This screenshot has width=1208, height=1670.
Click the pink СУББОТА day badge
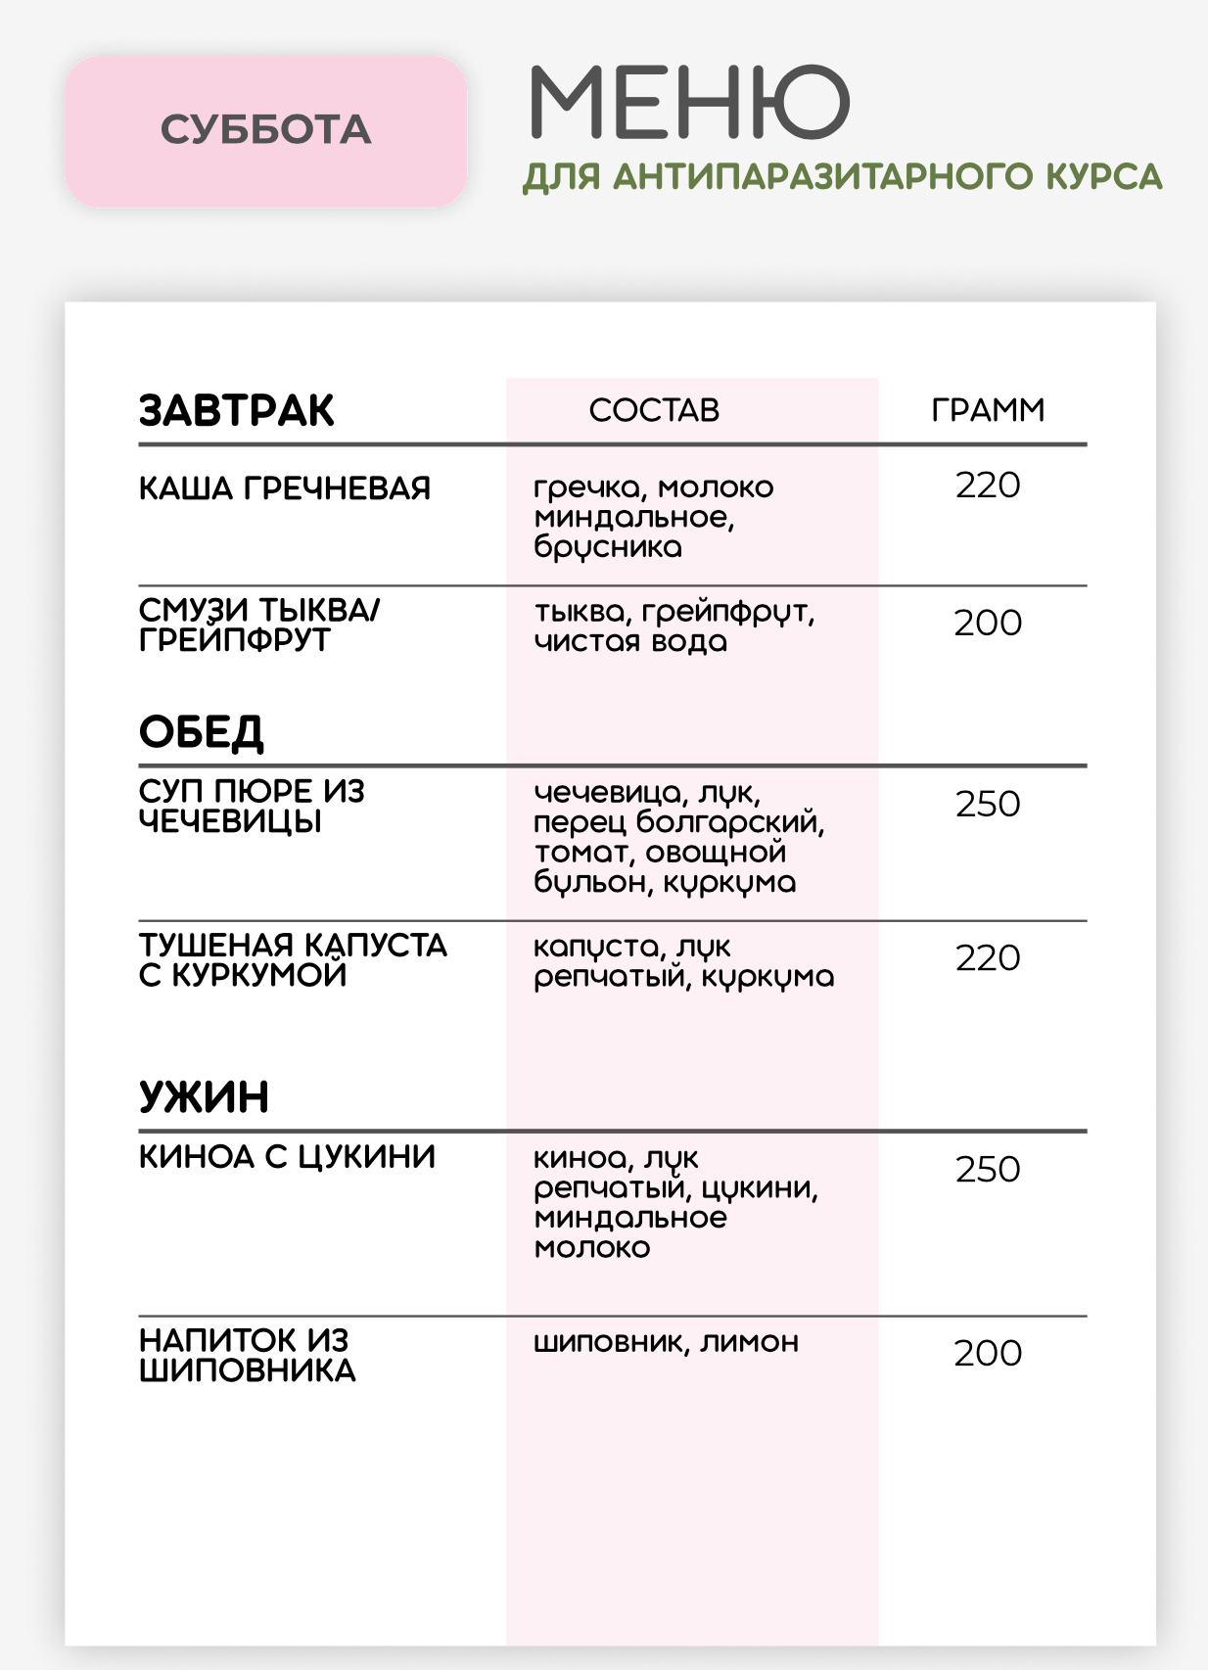(265, 130)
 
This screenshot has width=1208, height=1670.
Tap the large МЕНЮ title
(688, 102)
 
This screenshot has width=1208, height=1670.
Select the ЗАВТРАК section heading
(236, 410)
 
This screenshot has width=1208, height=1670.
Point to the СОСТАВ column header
(654, 410)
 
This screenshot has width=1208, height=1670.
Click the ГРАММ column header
(987, 410)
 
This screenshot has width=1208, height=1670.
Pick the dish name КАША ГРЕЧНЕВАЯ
(284, 487)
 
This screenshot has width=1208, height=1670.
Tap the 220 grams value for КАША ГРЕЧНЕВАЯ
(987, 486)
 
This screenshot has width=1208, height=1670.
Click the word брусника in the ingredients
(607, 547)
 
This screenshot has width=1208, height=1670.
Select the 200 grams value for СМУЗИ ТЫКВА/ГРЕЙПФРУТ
(987, 623)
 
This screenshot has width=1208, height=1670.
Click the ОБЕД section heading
(202, 732)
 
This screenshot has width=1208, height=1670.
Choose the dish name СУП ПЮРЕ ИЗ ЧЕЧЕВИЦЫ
(251, 806)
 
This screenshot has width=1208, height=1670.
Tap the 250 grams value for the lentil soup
(987, 805)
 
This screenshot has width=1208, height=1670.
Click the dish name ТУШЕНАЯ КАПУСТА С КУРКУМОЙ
(292, 959)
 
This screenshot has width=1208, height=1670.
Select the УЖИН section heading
(204, 1097)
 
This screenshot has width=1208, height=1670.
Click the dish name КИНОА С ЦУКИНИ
(287, 1157)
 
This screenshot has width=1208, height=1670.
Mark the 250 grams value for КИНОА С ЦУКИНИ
(987, 1170)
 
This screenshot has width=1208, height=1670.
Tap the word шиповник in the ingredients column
(607, 1342)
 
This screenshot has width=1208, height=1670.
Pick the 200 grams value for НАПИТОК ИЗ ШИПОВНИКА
(987, 1353)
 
